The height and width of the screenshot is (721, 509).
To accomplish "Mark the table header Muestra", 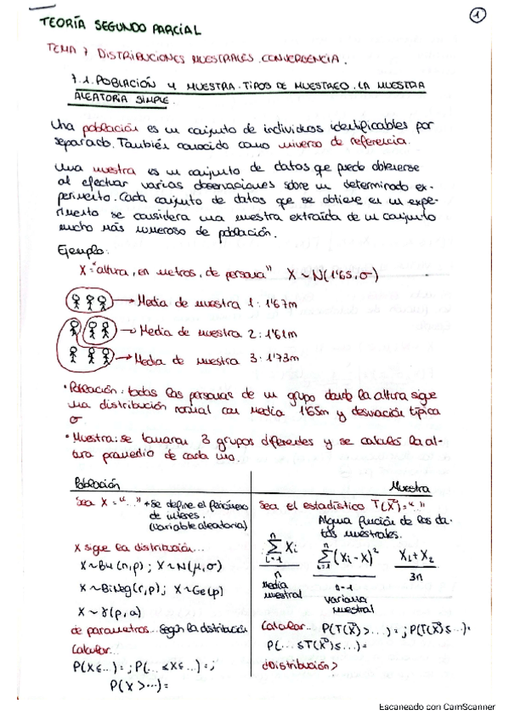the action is [410, 487].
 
